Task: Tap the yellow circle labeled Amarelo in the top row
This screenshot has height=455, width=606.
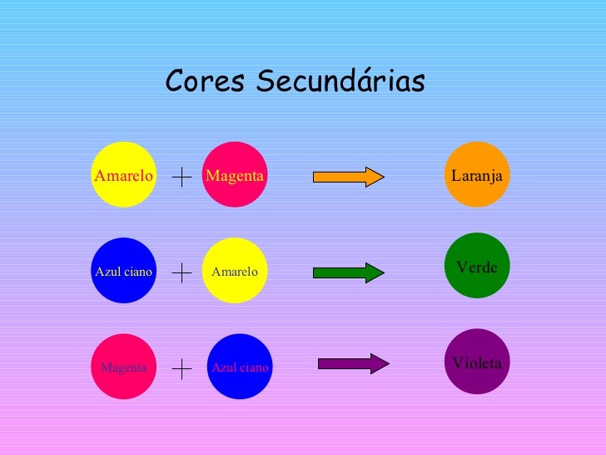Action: click(123, 174)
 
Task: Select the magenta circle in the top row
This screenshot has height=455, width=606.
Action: click(236, 174)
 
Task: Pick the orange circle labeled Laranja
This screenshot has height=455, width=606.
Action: click(477, 174)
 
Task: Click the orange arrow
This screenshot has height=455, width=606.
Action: click(348, 176)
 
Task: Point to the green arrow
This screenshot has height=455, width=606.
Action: click(348, 272)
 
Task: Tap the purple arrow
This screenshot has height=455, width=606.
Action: click(353, 363)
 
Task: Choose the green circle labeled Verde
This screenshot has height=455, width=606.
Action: click(477, 265)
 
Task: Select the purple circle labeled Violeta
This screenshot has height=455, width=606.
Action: click(477, 361)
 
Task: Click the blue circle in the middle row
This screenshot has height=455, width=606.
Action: click(123, 270)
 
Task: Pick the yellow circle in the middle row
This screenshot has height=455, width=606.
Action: click(236, 270)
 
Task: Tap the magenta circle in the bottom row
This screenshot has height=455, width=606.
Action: click(123, 367)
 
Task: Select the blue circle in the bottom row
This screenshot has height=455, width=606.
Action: click(240, 367)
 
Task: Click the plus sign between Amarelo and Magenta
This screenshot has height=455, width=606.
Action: click(181, 177)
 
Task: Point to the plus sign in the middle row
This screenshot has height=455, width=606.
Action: click(181, 272)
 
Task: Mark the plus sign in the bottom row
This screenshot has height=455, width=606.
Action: click(181, 369)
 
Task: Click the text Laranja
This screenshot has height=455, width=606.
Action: click(477, 176)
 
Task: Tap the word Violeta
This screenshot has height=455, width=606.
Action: click(477, 363)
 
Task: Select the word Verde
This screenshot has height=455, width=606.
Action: click(477, 267)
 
